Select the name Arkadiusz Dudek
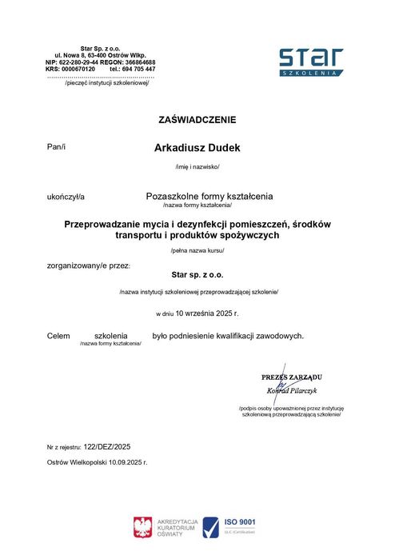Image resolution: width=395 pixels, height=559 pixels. pyautogui.click(x=197, y=148)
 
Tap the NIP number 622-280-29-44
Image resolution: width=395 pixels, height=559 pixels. pyautogui.click(x=78, y=62)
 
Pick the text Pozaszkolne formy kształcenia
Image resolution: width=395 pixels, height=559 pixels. pyautogui.click(x=209, y=195)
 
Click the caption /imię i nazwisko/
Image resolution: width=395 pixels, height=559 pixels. pyautogui.click(x=197, y=166)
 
